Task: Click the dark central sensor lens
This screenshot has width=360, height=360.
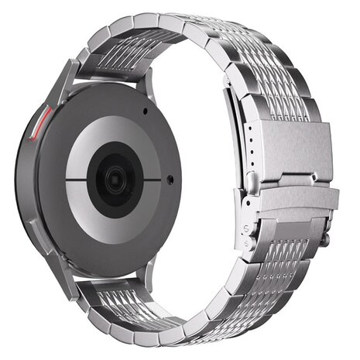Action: point(113,180)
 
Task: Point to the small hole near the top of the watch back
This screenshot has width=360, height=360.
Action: point(145,111)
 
